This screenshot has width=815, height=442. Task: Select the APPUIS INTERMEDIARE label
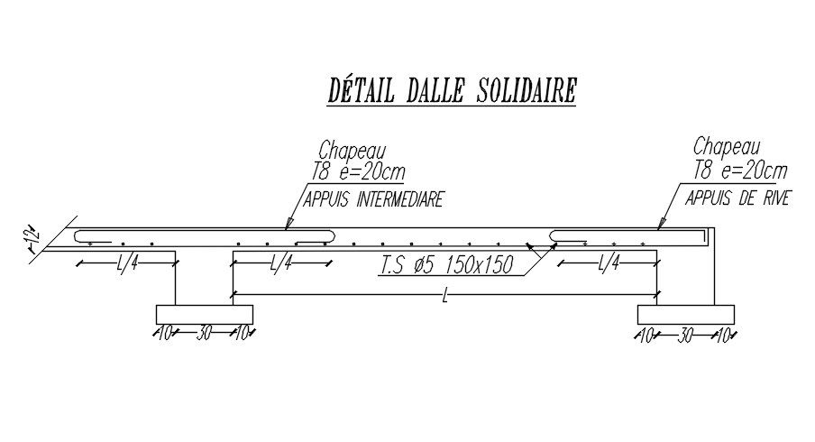tap(374, 199)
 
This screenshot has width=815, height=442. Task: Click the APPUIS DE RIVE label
tap(737, 198)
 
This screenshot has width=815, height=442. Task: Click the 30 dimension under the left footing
tap(205, 334)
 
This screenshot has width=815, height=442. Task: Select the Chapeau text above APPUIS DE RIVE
tap(728, 146)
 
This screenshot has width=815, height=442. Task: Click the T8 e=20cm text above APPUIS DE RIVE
tap(741, 170)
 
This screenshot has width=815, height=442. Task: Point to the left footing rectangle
tap(205, 314)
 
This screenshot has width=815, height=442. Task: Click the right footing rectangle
tap(686, 314)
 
